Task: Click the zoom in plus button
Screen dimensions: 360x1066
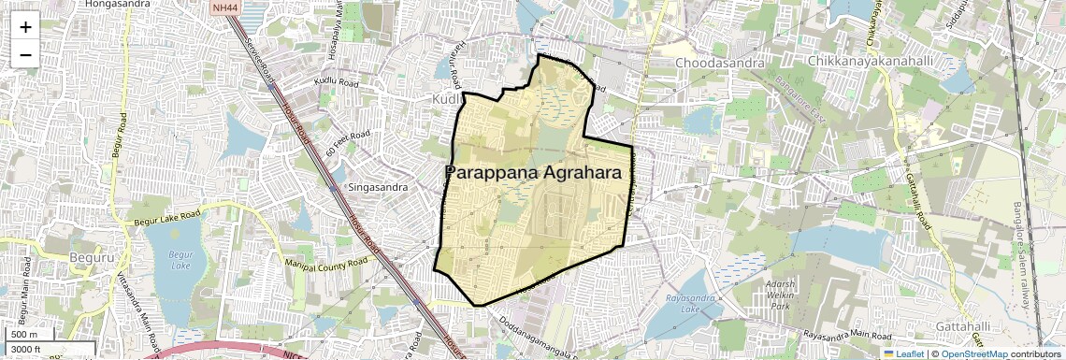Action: coord(25,26)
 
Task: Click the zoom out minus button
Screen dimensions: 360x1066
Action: coord(25,54)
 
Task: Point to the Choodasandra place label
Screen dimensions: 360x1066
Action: coord(719,63)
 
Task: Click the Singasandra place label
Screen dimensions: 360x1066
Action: coord(378,187)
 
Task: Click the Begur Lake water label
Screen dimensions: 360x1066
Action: coord(173,258)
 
